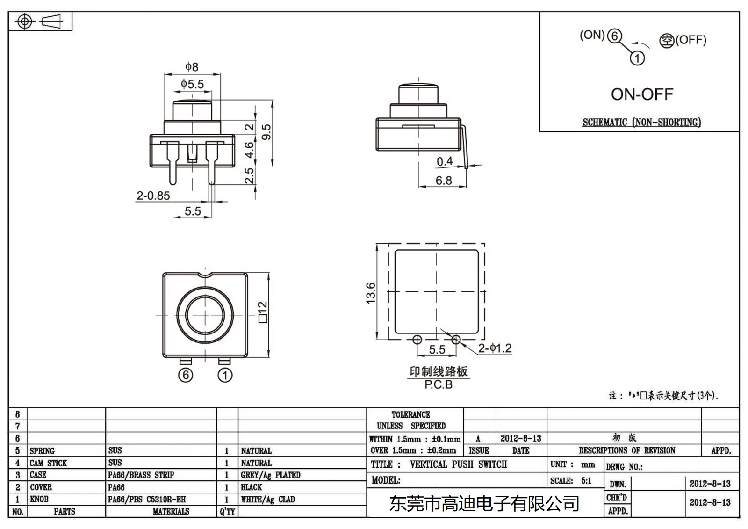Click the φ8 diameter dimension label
click(x=192, y=67)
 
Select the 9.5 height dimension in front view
click(x=266, y=131)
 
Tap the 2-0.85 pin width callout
click(x=153, y=196)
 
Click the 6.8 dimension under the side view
click(x=443, y=181)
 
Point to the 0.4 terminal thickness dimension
click(x=445, y=161)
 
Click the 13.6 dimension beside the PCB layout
click(x=371, y=293)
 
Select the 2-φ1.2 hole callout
click(x=495, y=348)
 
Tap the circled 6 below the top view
click(x=186, y=375)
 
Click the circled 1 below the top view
click(x=225, y=375)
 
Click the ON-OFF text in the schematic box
click(x=642, y=94)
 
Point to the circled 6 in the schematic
click(x=614, y=36)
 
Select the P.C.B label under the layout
click(x=438, y=385)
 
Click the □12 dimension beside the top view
click(x=263, y=312)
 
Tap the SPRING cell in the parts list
click(x=42, y=451)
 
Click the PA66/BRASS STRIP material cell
click(x=141, y=475)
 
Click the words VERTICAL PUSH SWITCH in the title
click(x=458, y=464)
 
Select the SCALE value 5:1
click(x=586, y=480)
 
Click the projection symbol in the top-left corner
click(x=40, y=22)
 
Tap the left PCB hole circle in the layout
click(x=417, y=340)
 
